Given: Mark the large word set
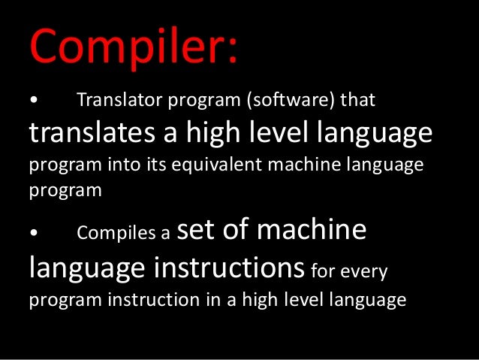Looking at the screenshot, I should (x=198, y=229).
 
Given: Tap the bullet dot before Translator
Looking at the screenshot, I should (x=33, y=100).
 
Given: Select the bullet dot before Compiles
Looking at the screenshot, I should (x=33, y=234).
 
